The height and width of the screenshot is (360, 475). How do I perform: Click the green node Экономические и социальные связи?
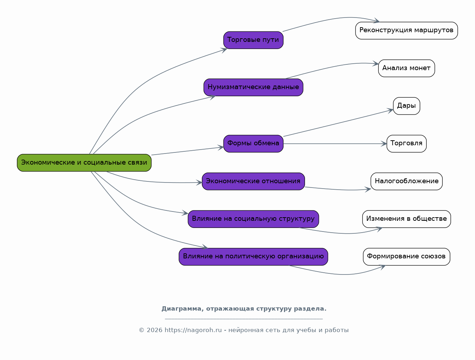84,163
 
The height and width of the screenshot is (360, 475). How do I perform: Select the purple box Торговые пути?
253,40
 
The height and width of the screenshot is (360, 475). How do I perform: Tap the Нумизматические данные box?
253,87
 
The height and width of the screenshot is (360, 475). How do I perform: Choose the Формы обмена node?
253,143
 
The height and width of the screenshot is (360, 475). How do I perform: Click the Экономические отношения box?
253,181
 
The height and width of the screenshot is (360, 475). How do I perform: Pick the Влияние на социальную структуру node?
253,219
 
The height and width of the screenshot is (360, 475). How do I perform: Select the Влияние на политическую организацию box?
253,257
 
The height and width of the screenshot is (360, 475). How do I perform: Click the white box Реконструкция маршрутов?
407,30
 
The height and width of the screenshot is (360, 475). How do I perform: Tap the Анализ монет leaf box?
407,68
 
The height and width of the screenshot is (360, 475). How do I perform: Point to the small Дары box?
407,106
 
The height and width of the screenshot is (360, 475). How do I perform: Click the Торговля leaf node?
407,143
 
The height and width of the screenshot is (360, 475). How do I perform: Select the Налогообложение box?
407,181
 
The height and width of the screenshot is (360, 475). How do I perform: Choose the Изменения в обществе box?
407,219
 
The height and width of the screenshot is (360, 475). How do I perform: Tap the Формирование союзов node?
407,257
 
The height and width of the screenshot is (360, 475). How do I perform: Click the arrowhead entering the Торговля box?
384,143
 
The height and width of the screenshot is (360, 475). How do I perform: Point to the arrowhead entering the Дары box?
391,111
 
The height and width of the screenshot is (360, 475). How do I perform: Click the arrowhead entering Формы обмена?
221,147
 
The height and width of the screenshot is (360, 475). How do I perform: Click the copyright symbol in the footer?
141,330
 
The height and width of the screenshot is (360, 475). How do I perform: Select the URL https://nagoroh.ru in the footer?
193,330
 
